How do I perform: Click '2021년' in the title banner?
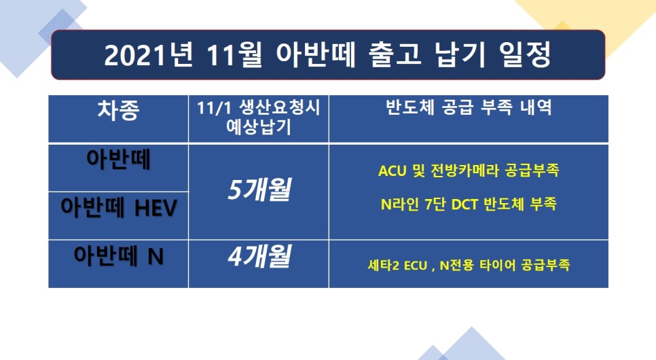tap(149, 55)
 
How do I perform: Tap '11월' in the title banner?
tap(235, 55)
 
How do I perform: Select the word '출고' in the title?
tap(395, 54)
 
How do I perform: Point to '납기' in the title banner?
tap(460, 54)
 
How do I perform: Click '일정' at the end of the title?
tap(525, 54)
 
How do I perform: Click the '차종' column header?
tap(118, 110)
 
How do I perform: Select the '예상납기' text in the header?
tap(259, 127)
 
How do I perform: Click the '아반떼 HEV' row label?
tap(119, 208)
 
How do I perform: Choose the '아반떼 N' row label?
tap(118, 256)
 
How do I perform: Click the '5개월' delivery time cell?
tap(259, 190)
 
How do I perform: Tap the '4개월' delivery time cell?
tap(259, 256)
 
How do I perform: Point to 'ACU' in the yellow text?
tap(392, 170)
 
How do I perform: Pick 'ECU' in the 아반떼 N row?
tap(416, 266)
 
